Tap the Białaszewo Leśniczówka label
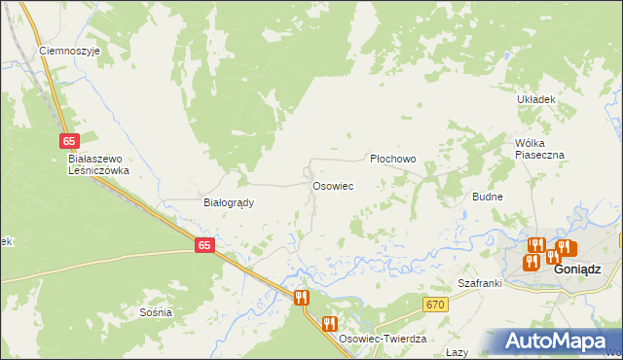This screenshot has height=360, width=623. [98, 163]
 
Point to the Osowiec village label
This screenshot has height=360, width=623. [332, 185]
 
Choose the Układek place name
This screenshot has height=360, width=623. [535, 99]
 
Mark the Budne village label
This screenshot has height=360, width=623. [487, 197]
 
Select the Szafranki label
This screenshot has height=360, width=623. [480, 283]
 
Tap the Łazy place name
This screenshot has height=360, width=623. [457, 352]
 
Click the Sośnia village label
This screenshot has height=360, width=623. [156, 312]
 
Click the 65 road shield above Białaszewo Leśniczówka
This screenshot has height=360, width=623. [68, 141]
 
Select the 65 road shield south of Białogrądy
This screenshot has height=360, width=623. [203, 246]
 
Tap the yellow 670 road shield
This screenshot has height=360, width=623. [435, 305]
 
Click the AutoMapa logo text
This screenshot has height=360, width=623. [565, 342]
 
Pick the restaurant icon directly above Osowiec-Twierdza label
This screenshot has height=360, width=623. [330, 323]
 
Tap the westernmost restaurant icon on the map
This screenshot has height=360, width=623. [301, 297]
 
